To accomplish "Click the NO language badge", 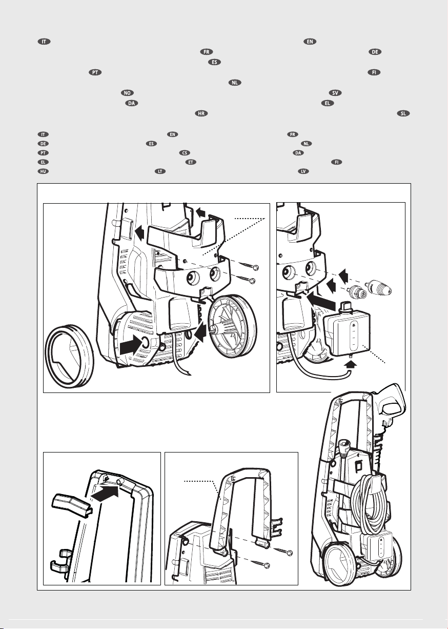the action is pyautogui.click(x=127, y=93).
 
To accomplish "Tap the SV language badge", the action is pyautogui.click(x=335, y=93).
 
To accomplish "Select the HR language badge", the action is pyautogui.click(x=201, y=113).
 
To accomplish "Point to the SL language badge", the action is pyautogui.click(x=403, y=113).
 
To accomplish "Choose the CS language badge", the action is pyautogui.click(x=185, y=153).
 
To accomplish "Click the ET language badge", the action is pyautogui.click(x=191, y=162).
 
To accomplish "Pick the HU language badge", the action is pyautogui.click(x=43, y=171).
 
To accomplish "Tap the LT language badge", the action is pyautogui.click(x=160, y=171).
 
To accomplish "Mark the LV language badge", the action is pyautogui.click(x=303, y=171).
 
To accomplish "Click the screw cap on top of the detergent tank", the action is pyautogui.click(x=345, y=305).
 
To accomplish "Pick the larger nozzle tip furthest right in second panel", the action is pyautogui.click(x=378, y=287).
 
